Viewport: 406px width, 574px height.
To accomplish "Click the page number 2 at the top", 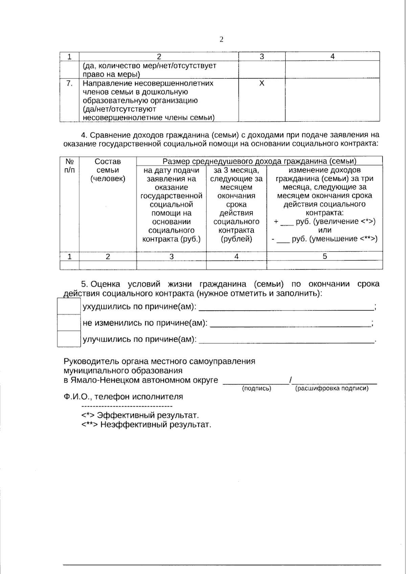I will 221,40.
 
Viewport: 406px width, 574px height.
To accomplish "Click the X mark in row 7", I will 262,83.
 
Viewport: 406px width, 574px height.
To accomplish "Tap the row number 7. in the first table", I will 69,83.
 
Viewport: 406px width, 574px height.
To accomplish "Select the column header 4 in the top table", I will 332,56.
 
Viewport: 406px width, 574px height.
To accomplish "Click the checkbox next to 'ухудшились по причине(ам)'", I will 69,306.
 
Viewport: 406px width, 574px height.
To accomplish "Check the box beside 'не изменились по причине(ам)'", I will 69,323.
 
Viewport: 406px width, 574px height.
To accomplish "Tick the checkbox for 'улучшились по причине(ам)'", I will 69,339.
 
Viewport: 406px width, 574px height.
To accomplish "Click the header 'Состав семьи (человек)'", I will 108,170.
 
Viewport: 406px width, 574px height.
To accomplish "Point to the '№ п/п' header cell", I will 69,166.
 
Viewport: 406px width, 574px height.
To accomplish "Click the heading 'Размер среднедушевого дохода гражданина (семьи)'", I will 260,161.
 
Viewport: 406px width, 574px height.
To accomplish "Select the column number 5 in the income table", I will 324,256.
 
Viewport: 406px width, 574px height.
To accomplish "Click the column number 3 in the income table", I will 171,256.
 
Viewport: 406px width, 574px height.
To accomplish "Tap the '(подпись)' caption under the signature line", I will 257,389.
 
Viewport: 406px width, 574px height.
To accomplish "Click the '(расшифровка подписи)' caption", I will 332,389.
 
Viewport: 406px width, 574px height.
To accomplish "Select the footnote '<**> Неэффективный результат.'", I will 146,424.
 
